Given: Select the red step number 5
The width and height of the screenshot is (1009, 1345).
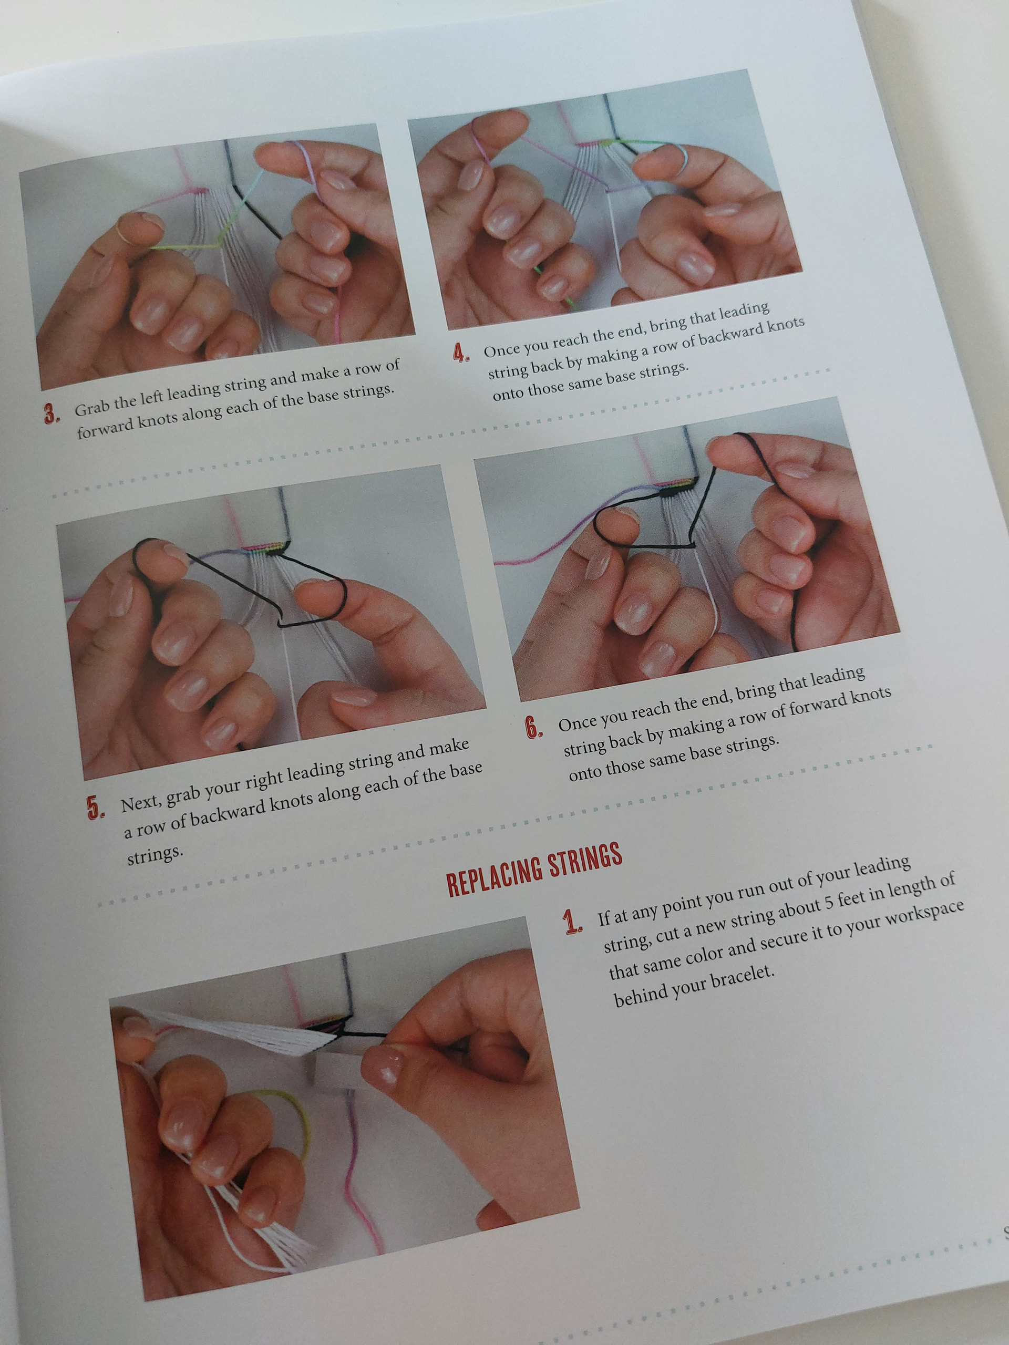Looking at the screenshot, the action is [96, 808].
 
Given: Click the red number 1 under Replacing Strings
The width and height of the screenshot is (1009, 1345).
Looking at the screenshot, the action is [573, 923].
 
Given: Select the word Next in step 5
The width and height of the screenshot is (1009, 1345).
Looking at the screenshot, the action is [140, 801].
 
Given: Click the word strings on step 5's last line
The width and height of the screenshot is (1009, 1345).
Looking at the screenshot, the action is [155, 855].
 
